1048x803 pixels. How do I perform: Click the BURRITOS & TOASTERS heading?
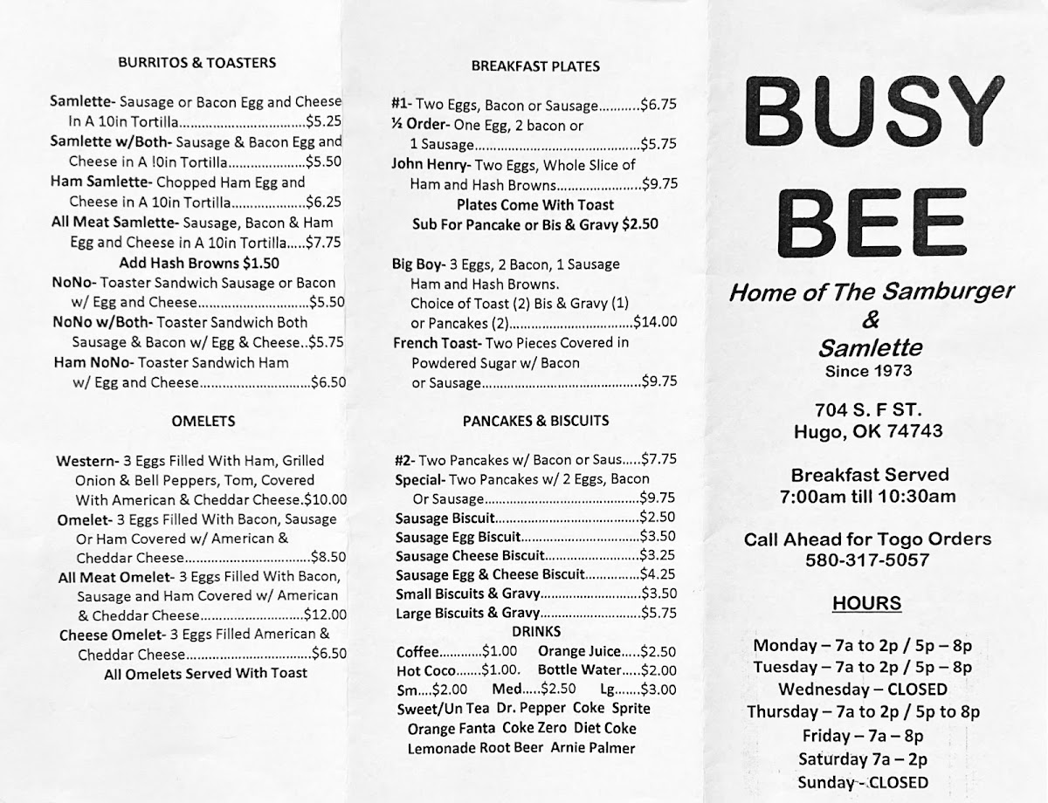coord(196,62)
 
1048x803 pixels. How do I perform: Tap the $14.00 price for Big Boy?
coord(655,321)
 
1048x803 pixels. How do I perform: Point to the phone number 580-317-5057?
coord(867,560)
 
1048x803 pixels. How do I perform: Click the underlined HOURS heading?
coord(866,603)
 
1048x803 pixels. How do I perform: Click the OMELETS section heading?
coord(203,421)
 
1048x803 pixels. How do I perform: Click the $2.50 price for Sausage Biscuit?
coord(658,518)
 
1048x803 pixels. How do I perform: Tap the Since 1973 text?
coord(868,370)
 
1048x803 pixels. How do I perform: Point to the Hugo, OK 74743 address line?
coord(868,431)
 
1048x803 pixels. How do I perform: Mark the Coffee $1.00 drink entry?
coord(457,651)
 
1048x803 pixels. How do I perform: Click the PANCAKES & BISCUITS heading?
coord(535,421)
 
